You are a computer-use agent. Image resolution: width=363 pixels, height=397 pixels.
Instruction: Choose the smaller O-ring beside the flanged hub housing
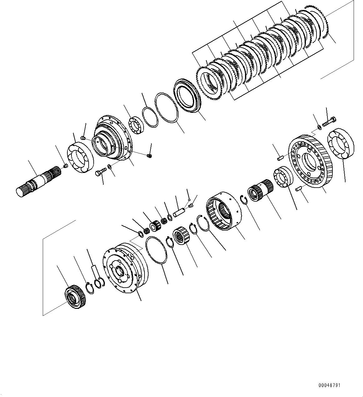pyautogui.click(x=149, y=117)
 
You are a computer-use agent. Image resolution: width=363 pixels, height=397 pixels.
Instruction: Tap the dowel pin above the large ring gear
pyautogui.click(x=280, y=158)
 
